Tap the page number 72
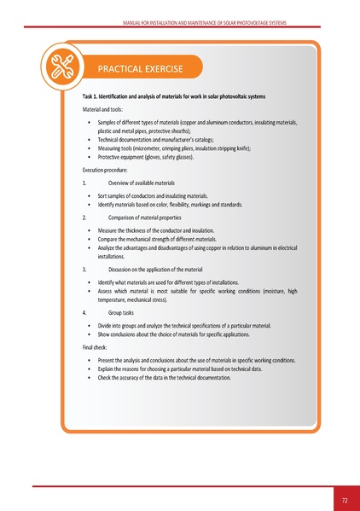click(345, 496)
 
